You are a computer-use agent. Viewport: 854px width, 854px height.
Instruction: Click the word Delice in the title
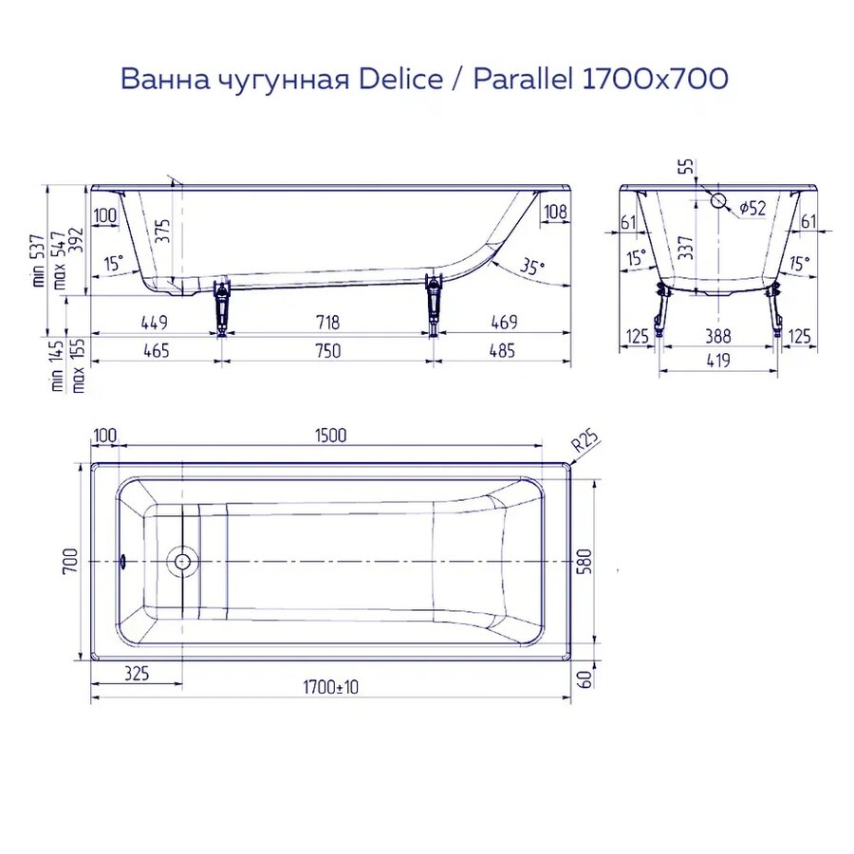[400, 79]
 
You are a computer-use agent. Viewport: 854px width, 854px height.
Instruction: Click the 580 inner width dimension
[609, 561]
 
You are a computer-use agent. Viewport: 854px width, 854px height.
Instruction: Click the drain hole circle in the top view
[182, 561]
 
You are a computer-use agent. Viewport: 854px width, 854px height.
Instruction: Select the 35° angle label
[533, 268]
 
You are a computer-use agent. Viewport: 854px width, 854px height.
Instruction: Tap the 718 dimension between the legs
[326, 323]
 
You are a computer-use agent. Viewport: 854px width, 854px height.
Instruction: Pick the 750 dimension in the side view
[326, 351]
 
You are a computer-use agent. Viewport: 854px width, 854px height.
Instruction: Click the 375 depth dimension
[162, 231]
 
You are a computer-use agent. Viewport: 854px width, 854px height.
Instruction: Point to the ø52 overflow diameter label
[752, 208]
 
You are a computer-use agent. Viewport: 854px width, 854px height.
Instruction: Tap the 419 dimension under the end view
[719, 361]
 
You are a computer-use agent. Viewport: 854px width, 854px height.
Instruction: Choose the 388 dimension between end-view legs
[719, 335]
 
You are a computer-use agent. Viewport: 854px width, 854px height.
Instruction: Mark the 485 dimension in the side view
[501, 351]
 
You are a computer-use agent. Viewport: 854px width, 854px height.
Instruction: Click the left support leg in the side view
[222, 306]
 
